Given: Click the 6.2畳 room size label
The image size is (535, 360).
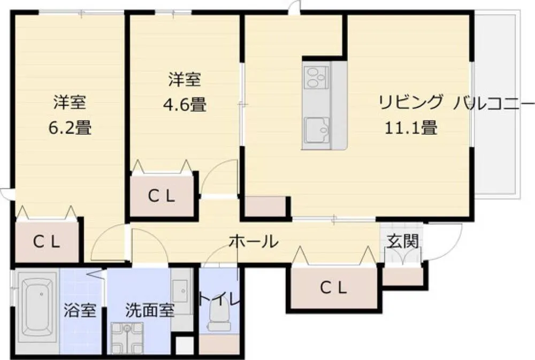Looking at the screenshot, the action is pyautogui.click(x=70, y=128).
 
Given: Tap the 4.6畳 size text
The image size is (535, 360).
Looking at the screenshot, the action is pyautogui.click(x=185, y=105).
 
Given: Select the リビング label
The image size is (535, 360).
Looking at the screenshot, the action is pyautogui.click(x=411, y=102).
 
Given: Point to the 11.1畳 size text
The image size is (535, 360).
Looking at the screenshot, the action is pyautogui.click(x=411, y=128).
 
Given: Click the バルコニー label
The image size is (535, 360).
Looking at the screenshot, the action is pyautogui.click(x=493, y=102).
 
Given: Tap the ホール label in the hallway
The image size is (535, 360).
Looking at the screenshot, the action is pyautogui.click(x=254, y=242).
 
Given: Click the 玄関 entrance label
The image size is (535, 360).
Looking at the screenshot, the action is pyautogui.click(x=403, y=241).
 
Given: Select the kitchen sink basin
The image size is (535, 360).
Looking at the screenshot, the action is pyautogui.click(x=317, y=129).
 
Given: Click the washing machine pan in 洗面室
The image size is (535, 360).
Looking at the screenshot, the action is pyautogui.click(x=127, y=338).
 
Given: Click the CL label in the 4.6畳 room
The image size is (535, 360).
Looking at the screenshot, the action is pyautogui.click(x=162, y=196).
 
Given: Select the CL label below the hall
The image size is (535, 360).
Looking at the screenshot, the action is pyautogui.click(x=333, y=288).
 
